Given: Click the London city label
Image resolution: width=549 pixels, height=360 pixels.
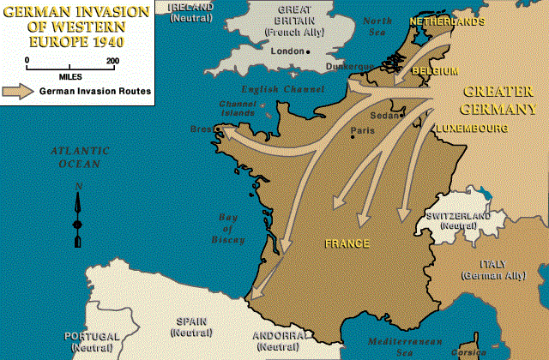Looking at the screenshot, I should [287, 51].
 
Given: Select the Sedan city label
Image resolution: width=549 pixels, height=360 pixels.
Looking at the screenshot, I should [383, 115].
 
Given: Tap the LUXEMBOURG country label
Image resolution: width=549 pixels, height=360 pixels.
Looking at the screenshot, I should [470, 128].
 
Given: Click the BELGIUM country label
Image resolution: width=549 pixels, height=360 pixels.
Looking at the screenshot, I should [434, 70].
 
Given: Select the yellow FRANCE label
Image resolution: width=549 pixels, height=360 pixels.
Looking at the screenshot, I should [347, 243].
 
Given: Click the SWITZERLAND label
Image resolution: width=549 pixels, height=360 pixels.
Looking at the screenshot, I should [457, 216].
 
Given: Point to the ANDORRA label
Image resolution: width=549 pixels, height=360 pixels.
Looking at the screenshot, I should [276, 335].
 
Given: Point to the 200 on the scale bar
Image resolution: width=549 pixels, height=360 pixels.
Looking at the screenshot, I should [112, 60].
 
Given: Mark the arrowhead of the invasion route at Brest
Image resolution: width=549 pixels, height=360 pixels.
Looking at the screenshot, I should [225, 129].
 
